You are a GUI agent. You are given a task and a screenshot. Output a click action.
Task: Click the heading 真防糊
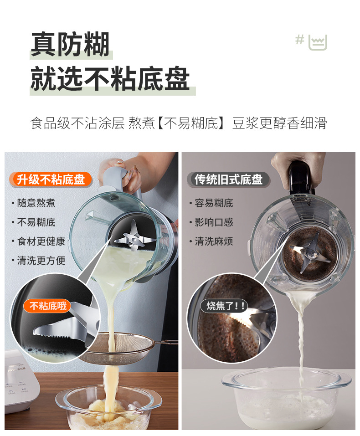(x=70, y=44)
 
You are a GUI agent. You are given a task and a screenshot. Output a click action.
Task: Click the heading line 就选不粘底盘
(x=110, y=79)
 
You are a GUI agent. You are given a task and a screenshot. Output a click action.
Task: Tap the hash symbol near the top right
(x=300, y=40)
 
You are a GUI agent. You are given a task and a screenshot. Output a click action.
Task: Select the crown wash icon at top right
(x=318, y=42)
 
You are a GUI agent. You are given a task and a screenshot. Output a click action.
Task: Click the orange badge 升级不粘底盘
(x=51, y=180)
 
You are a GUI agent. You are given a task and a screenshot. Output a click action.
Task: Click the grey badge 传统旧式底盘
(x=228, y=180)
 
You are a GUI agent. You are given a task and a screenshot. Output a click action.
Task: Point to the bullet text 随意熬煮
(x=36, y=203)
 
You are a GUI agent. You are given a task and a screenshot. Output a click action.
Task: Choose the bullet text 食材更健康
(x=41, y=241)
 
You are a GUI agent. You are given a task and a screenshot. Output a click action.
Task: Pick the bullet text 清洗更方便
(x=41, y=261)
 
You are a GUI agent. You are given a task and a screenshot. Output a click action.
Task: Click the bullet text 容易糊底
(x=214, y=203)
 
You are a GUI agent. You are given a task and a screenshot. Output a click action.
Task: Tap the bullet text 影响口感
(x=214, y=222)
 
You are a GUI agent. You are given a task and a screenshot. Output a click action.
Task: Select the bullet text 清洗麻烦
(x=214, y=241)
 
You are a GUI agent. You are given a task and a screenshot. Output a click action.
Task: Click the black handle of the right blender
(x=300, y=178)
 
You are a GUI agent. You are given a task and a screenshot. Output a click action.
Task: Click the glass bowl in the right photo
(x=287, y=398)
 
